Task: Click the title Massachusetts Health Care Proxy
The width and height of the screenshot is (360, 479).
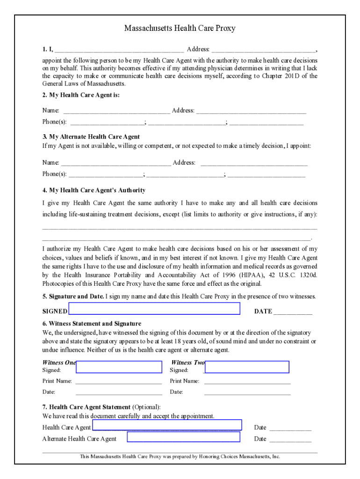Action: (180, 29)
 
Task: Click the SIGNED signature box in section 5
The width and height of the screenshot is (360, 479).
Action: (154, 308)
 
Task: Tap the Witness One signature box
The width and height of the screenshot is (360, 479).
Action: (119, 367)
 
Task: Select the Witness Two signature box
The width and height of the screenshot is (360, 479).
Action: (247, 367)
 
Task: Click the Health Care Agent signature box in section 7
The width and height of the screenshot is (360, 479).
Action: (167, 425)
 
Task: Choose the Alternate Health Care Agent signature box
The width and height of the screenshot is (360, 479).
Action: (183, 437)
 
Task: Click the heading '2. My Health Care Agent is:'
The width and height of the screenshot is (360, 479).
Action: (81, 95)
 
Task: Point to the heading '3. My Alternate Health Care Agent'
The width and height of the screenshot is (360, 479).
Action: (91, 137)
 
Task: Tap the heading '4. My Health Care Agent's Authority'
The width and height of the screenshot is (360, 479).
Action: (94, 190)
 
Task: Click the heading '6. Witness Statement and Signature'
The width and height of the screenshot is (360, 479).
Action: (92, 324)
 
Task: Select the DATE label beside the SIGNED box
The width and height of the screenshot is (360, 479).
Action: (263, 312)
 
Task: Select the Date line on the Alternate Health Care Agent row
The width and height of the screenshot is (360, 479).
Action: (290, 439)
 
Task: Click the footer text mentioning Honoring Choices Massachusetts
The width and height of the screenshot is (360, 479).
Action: (180, 457)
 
